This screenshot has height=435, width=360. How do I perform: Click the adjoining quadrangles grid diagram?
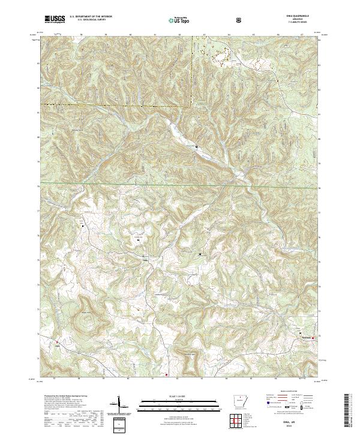(233, 422)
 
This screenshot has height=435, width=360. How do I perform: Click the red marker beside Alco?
(52, 343)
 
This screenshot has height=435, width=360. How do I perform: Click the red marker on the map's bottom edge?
(167, 376)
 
